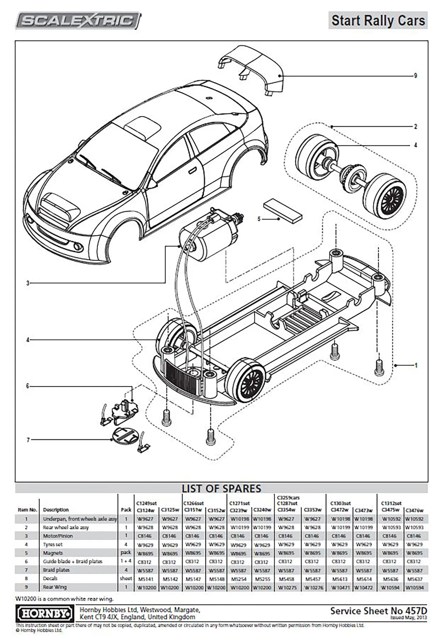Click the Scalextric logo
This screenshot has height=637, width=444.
[78, 21]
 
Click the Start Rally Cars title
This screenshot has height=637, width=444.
[378, 20]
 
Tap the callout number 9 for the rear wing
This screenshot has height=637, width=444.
[415, 76]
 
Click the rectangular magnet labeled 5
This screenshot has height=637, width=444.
[282, 210]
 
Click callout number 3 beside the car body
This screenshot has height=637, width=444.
[28, 283]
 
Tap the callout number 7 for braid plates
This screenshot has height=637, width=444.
[28, 440]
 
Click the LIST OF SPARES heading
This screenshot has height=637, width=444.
[221, 488]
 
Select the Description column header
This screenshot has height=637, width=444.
[56, 510]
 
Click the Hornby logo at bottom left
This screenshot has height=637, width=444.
[45, 614]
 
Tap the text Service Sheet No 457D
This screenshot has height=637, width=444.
[378, 611]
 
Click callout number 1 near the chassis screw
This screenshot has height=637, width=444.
[416, 365]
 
